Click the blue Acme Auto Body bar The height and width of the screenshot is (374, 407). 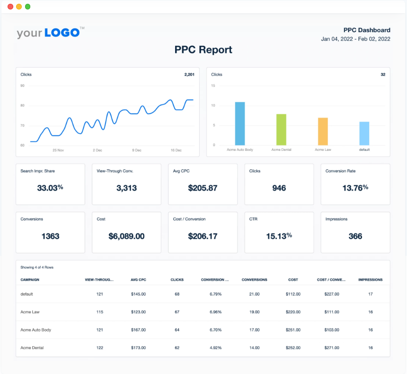click(x=240, y=123)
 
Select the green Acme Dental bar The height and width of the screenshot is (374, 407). click(x=281, y=130)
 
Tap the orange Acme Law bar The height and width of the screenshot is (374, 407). click(x=323, y=131)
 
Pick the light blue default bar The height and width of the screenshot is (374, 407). click(x=364, y=133)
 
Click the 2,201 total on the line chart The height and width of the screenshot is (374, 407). click(x=189, y=74)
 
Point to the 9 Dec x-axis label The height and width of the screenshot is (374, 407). click(x=136, y=150)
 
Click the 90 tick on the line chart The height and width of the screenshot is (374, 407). click(x=23, y=86)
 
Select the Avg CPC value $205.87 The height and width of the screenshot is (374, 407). click(x=203, y=188)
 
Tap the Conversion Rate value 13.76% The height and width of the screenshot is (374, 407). click(x=355, y=188)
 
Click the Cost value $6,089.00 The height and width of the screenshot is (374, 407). click(x=126, y=236)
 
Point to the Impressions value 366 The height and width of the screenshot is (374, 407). click(x=355, y=236)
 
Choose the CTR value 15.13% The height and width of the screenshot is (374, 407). click(x=279, y=236)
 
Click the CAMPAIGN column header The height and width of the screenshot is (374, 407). click(x=30, y=279)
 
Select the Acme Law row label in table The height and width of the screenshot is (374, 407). click(x=29, y=312)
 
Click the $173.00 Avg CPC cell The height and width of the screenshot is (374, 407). click(x=138, y=348)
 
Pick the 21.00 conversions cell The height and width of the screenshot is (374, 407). click(x=254, y=294)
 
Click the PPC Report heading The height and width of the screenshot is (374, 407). click(x=203, y=50)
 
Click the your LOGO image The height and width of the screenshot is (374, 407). click(x=50, y=33)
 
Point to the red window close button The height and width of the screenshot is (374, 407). click(x=10, y=7)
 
